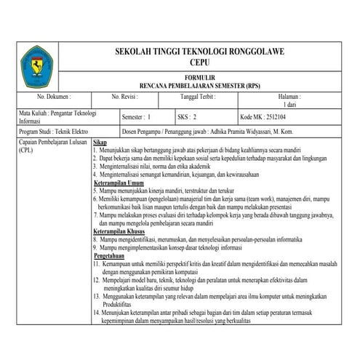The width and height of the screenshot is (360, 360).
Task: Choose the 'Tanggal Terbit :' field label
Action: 201,96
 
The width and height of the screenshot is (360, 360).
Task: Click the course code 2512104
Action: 274,116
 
